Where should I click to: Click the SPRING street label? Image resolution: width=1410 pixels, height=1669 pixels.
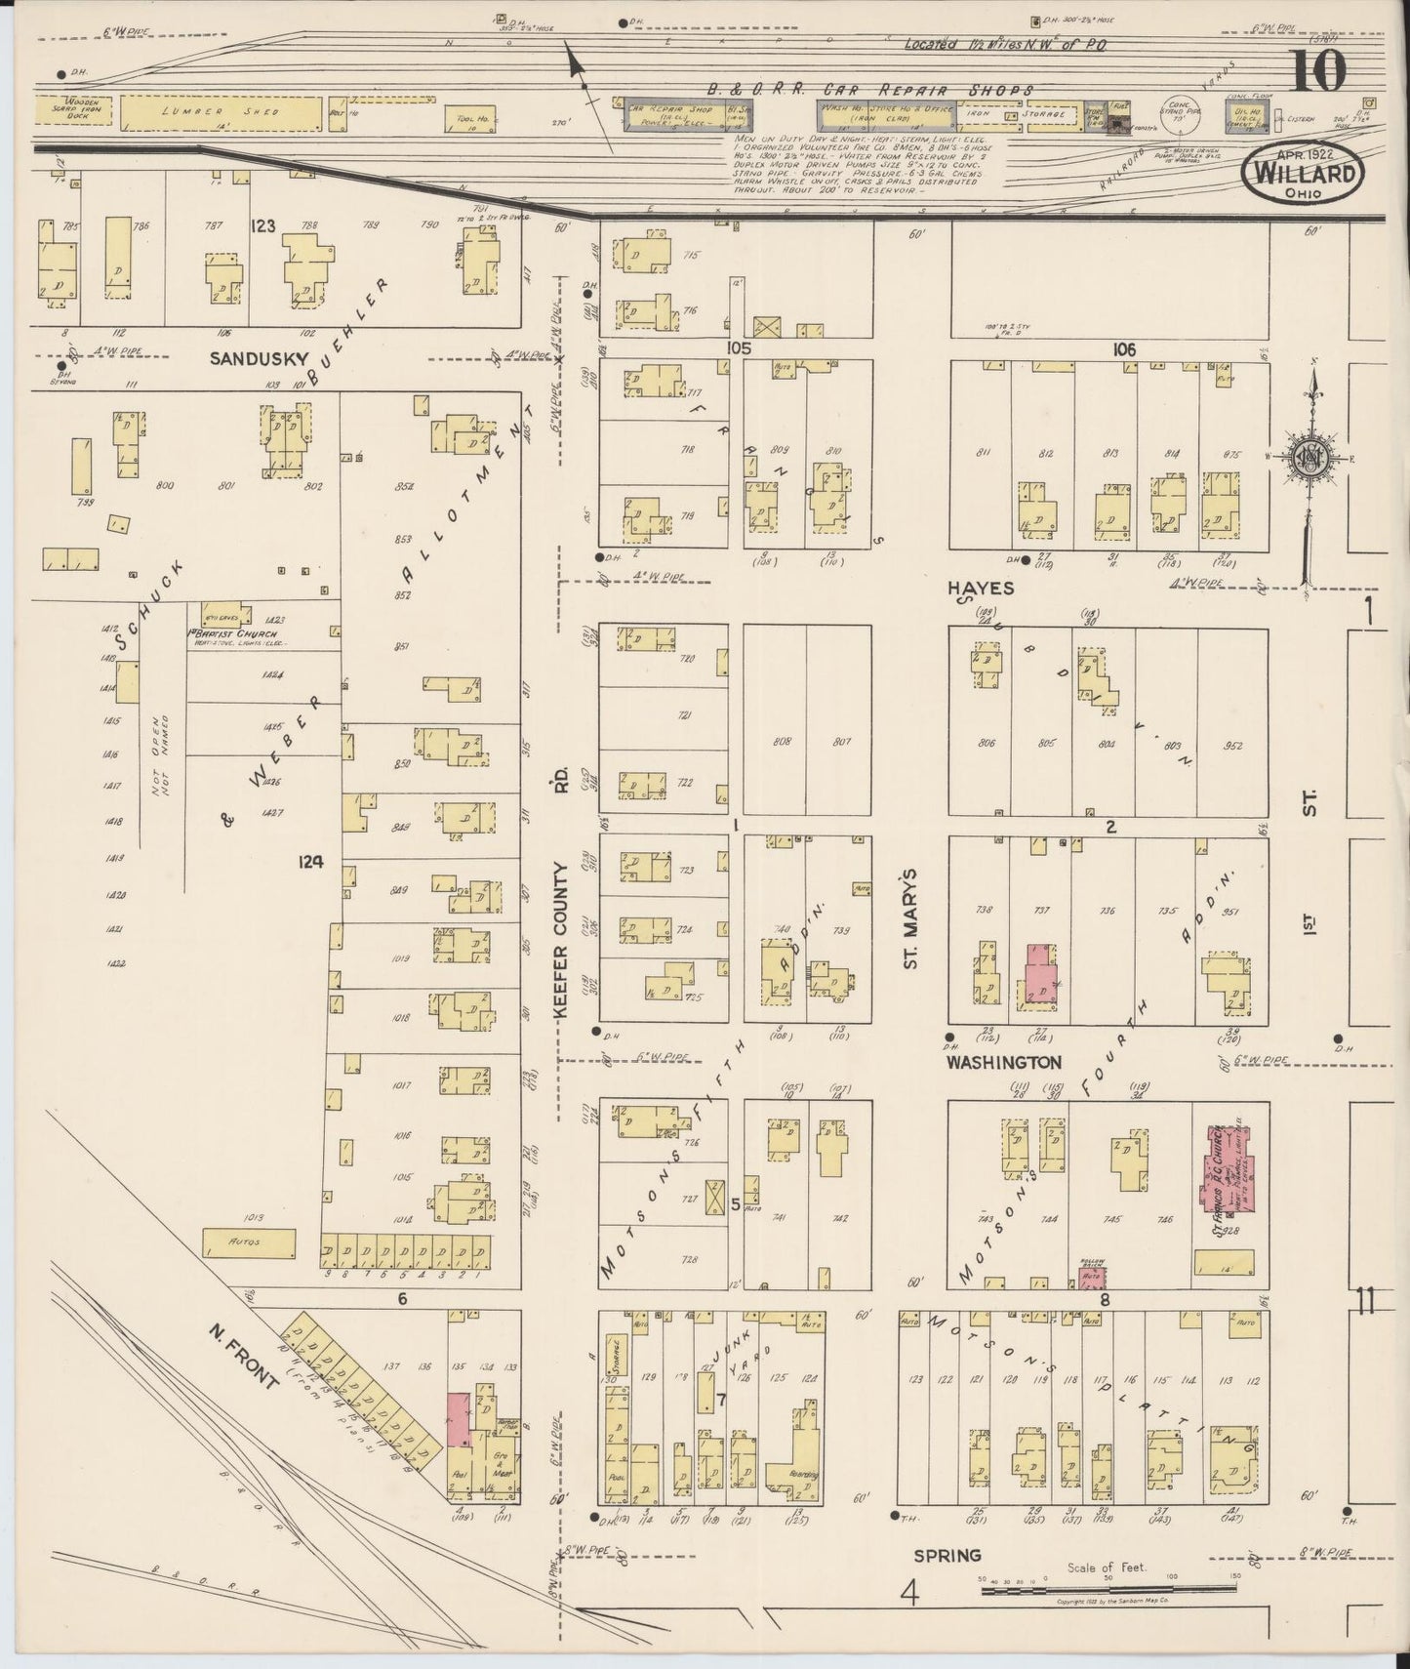point(947,1555)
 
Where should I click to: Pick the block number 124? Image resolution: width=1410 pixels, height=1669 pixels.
point(311,861)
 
